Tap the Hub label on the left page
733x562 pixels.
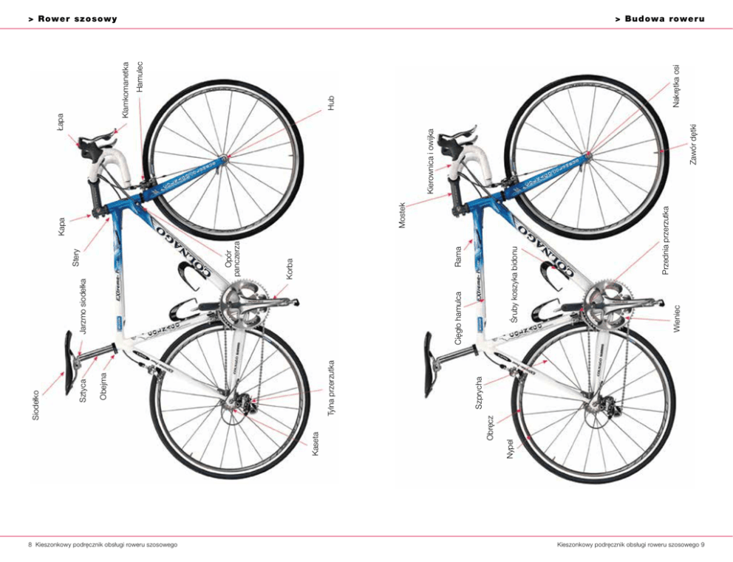[x=331, y=103]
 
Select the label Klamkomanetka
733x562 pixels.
[x=126, y=89]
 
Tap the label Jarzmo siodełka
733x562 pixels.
[x=83, y=306]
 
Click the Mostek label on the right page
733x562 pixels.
[x=403, y=213]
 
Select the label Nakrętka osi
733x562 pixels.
[x=676, y=86]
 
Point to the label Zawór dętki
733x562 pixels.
[x=694, y=144]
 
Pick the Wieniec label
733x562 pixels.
[x=676, y=318]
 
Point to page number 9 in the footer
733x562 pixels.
[x=702, y=545]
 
